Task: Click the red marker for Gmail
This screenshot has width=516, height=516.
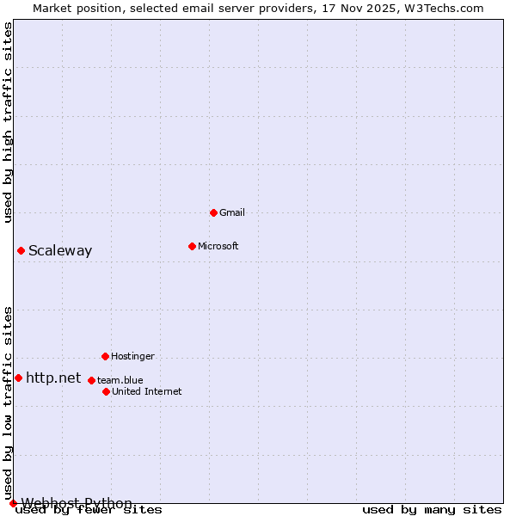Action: coord(213,212)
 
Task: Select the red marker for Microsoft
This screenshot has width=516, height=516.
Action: coord(192,246)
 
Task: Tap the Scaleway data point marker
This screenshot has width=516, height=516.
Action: coord(21,250)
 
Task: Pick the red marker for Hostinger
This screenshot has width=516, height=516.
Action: coord(105,356)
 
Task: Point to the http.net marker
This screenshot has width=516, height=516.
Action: coord(18,378)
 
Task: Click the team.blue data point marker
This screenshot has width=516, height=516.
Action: coord(91,380)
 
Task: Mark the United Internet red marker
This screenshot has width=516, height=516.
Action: coord(106,391)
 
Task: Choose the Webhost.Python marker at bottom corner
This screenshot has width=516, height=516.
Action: coord(13,503)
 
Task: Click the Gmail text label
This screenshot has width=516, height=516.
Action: coord(232,212)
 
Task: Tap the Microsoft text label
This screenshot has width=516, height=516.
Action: coord(218,246)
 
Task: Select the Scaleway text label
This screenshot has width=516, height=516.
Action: coord(60,251)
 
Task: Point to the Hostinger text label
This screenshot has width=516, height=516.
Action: coord(132,356)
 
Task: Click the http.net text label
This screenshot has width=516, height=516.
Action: coord(53,378)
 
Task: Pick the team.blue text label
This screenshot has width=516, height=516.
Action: coord(120,380)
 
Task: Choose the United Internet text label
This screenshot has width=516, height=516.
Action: coord(147,391)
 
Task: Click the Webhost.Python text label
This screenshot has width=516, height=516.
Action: coord(77,503)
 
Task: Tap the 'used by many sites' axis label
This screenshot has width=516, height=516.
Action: coord(432,510)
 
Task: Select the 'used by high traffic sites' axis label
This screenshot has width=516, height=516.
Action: coord(9,122)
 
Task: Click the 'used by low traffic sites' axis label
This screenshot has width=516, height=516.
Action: coord(9,402)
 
